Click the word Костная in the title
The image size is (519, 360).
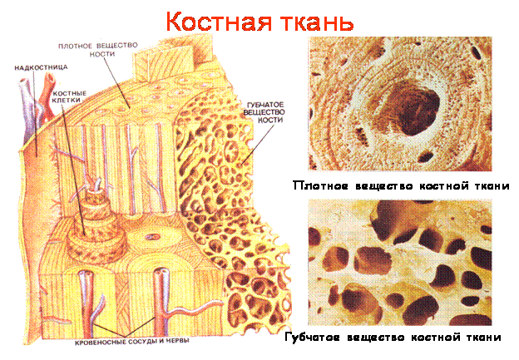(x=219, y=22)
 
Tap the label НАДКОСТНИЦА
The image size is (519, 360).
(x=41, y=67)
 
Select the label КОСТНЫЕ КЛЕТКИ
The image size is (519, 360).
(x=69, y=96)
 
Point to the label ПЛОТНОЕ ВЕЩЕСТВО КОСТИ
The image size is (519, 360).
(x=98, y=50)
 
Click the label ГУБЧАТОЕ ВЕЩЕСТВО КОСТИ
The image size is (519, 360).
(x=264, y=112)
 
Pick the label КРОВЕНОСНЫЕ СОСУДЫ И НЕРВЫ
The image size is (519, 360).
(x=132, y=342)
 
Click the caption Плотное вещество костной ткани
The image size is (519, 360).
(x=401, y=186)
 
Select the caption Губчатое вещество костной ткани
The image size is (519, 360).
(x=393, y=338)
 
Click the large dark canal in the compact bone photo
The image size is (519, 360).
(x=413, y=111)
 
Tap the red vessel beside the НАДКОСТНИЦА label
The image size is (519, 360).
(x=48, y=96)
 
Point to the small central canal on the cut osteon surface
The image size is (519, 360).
(x=152, y=237)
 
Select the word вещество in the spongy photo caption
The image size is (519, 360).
(x=376, y=338)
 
